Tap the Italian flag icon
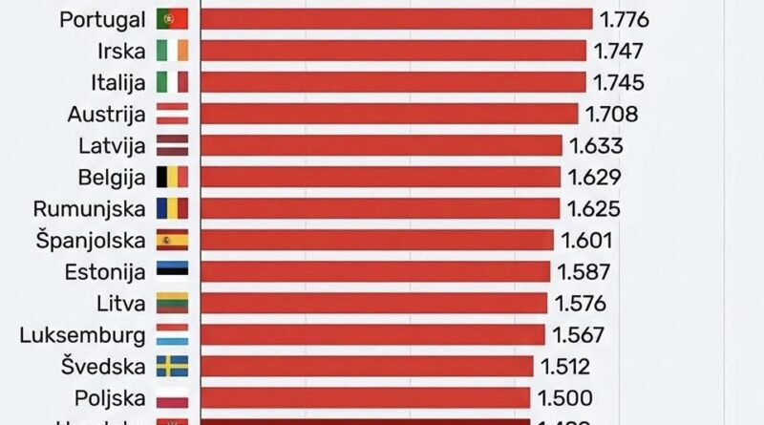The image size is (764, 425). (172, 83)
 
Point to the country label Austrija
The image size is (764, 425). (106, 115)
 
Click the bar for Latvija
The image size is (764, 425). (381, 145)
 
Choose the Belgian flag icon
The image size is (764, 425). (172, 177)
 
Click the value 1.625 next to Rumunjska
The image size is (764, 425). (595, 208)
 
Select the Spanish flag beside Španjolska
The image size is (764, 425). (172, 240)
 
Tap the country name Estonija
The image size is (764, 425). (105, 271)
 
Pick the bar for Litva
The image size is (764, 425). (373, 303)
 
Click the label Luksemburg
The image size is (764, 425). (88, 334)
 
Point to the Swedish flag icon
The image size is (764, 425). (172, 366)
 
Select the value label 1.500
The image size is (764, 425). (566, 397)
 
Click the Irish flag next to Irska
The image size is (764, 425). (172, 52)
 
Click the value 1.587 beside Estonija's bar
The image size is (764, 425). (585, 271)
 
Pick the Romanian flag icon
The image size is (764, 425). (172, 208)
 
